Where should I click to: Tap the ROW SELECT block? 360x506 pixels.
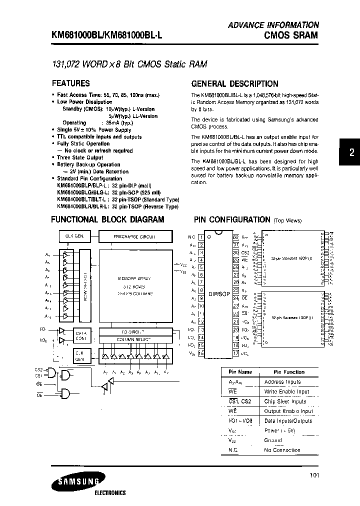pos(85,285)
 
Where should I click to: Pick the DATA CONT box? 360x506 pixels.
pos(80,335)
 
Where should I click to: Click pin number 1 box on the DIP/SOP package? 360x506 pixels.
pos(200,237)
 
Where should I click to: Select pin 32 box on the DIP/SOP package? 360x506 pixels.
pos(236,237)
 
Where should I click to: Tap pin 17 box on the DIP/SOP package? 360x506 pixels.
pos(236,353)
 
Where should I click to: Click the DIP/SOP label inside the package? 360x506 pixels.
pos(218,294)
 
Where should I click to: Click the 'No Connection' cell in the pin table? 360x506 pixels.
pos(283,450)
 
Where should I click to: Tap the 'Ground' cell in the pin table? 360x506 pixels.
pos(273,440)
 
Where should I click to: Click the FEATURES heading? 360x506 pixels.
pos(71,83)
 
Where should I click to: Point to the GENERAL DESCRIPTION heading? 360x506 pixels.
pos(235,84)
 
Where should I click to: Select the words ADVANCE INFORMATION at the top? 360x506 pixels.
pos(273,24)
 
